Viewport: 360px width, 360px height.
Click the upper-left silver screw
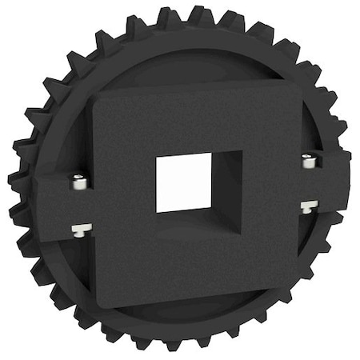point(78,182)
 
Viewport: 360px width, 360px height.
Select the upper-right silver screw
point(310,162)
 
